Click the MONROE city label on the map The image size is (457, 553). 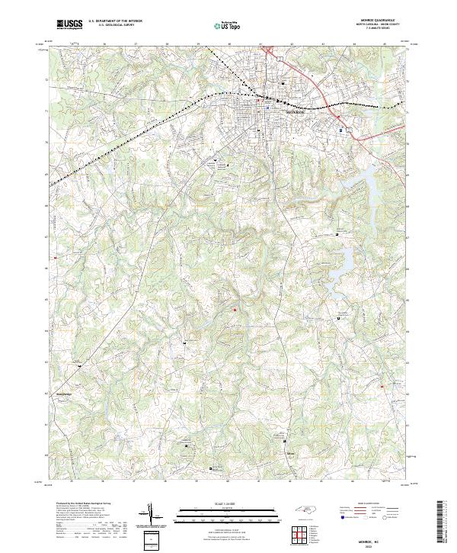point(295,111)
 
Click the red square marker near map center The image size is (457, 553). point(235,309)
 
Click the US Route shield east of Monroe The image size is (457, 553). point(350,130)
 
